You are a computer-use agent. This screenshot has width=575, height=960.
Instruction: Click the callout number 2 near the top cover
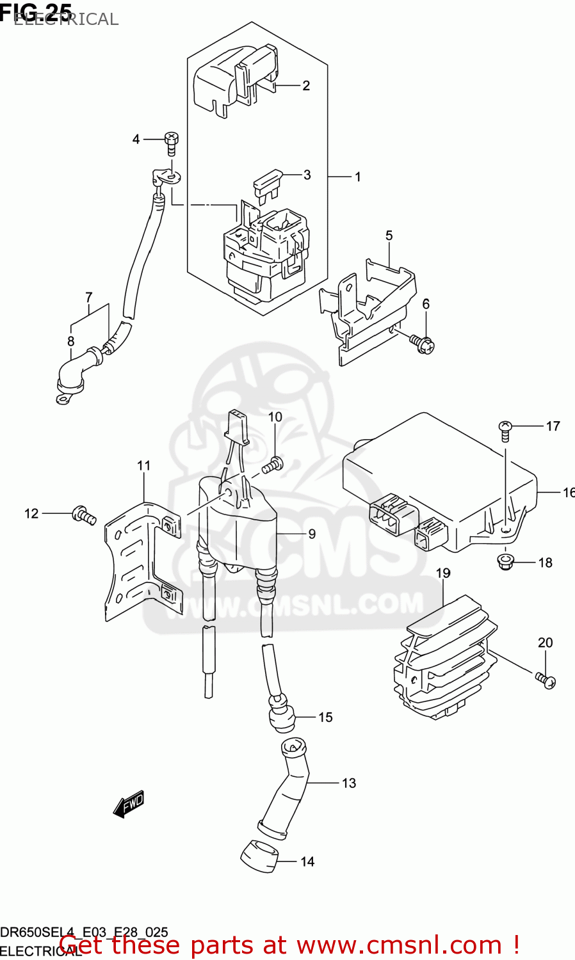(306, 86)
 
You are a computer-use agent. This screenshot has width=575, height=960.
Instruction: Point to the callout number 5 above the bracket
(389, 236)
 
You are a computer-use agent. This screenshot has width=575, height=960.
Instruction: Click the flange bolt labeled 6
(423, 344)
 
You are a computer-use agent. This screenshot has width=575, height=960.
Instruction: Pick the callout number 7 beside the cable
(89, 298)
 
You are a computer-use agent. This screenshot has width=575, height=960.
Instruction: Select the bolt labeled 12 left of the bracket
(84, 514)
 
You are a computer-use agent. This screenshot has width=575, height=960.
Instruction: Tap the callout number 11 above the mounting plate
(143, 466)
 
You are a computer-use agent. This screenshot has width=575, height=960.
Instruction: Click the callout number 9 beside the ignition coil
(312, 534)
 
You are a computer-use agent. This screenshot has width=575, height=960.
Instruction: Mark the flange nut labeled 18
(505, 562)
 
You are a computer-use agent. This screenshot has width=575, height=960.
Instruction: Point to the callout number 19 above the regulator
(443, 573)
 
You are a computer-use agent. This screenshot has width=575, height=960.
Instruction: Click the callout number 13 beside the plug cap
(349, 783)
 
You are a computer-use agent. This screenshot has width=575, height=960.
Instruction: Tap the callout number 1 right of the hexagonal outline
(358, 177)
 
